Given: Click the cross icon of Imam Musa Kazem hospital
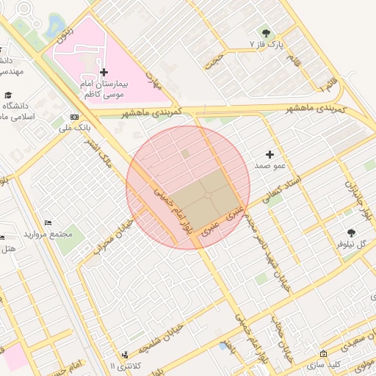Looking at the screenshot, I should (104, 72).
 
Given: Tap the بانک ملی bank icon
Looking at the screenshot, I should (73, 117).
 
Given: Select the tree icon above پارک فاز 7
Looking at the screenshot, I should (265, 33).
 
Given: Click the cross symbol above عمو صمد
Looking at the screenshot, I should (270, 154).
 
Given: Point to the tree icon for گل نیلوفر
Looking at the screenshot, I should (350, 231).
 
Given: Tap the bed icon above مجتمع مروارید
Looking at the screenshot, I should (48, 223).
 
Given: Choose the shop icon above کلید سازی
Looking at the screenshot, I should (324, 353).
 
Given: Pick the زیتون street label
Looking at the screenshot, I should (66, 32).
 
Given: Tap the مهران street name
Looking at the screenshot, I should (153, 79).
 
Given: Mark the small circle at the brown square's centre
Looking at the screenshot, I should (208, 195).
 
